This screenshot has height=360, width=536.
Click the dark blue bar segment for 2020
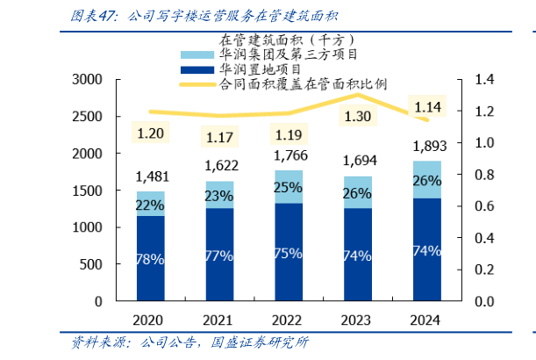(150, 259)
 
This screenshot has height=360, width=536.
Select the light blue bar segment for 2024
(426, 179)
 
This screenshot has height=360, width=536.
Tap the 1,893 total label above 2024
(426, 146)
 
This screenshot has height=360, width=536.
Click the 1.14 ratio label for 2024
(426, 107)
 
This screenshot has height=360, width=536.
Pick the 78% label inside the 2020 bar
(150, 258)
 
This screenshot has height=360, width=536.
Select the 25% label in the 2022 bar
(289, 187)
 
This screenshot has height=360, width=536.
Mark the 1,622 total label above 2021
(219, 164)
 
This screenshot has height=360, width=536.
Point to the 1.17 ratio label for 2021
(219, 137)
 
